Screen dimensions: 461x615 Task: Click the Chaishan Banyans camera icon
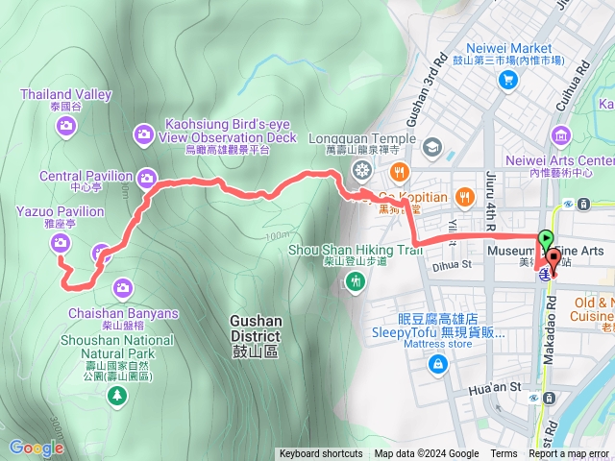[123, 287]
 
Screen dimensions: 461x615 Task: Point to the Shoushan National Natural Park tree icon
[116, 394]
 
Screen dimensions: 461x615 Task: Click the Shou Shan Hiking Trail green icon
[357, 280]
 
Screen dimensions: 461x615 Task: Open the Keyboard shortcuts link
[321, 454]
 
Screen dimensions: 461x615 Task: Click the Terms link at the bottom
[504, 454]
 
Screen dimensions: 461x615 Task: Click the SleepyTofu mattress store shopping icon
[438, 364]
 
